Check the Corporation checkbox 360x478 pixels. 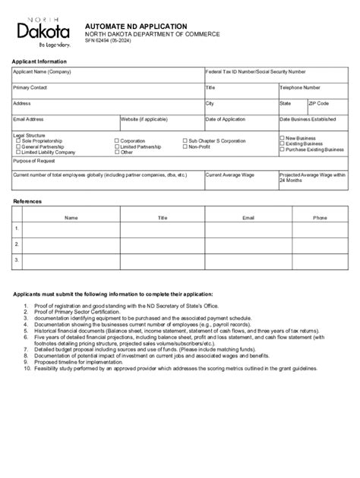tap(116, 141)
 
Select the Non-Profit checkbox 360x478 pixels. tap(185, 146)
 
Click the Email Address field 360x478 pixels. tap(65, 123)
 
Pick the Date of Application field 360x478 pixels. tap(240, 123)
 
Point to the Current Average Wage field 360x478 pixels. tap(240, 181)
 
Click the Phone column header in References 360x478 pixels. tap(321, 217)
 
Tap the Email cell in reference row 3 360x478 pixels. tap(248, 259)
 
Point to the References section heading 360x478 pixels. tap(27, 202)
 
